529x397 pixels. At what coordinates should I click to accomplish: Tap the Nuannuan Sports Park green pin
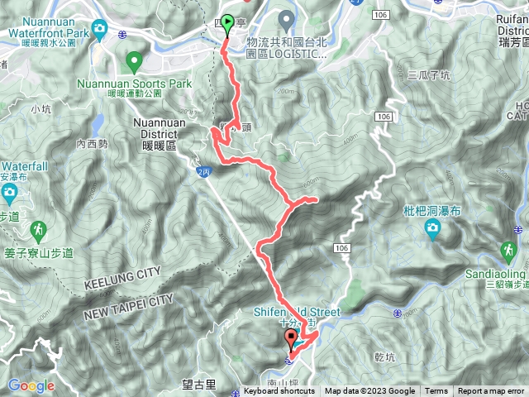pyautogui.click(x=134, y=60)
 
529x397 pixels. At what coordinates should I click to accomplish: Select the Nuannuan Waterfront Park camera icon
pyautogui.click(x=100, y=31)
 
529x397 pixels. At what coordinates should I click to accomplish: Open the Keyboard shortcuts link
pyautogui.click(x=279, y=391)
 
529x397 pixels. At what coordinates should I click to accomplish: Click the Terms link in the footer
pyautogui.click(x=436, y=391)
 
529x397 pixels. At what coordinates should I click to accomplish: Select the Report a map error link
pyautogui.click(x=492, y=391)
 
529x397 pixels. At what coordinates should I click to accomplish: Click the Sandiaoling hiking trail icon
pyautogui.click(x=508, y=249)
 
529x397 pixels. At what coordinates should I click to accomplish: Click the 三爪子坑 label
pyautogui.click(x=429, y=75)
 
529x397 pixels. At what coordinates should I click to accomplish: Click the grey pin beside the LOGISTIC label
pyautogui.click(x=286, y=18)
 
